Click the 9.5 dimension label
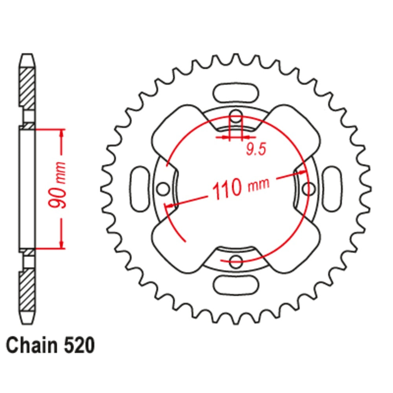[256, 150]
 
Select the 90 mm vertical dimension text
[57, 185]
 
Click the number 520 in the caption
[79, 345]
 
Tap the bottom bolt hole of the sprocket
[236, 261]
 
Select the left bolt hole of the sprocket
[163, 189]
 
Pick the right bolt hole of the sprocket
[309, 189]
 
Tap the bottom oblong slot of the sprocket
[235, 285]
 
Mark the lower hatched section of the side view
[27, 290]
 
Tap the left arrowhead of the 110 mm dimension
[170, 206]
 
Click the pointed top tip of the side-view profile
[27, 54]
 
